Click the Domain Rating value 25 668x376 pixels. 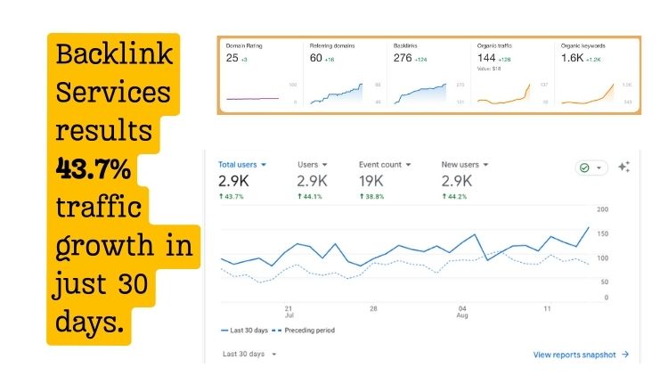click(x=232, y=58)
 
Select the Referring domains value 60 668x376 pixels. click(x=316, y=58)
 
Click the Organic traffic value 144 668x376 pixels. click(x=487, y=57)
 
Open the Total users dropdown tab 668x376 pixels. click(x=243, y=165)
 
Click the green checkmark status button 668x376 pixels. click(x=591, y=168)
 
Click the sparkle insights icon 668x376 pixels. click(x=623, y=167)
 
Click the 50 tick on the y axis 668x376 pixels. click(x=604, y=282)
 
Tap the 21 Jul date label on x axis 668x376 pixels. click(x=289, y=312)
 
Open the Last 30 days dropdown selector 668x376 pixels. click(x=249, y=355)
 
